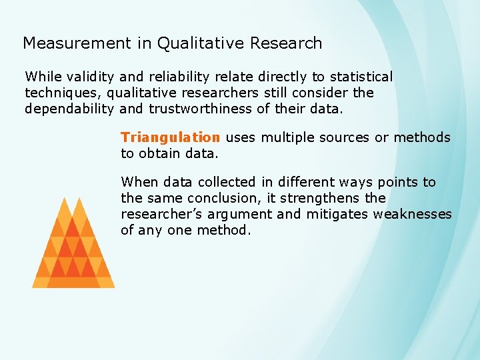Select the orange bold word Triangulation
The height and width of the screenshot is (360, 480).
[170, 137]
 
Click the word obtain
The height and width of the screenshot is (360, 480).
[161, 153]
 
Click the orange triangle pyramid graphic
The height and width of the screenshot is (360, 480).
[73, 247]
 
